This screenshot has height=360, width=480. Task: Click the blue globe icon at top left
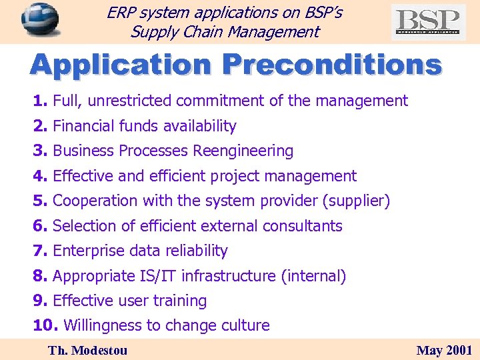coord(39,20)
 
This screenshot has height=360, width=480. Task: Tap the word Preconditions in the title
coord(331,65)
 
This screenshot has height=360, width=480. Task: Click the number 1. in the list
coord(41,101)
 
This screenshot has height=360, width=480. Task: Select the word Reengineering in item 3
coord(243,151)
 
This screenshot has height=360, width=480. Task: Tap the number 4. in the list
coord(41,176)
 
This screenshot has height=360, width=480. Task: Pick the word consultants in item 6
coord(302,226)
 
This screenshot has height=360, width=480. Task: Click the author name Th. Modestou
coord(87,350)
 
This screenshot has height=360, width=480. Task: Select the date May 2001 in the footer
coord(444,350)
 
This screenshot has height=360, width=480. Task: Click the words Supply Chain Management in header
coord(225,31)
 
